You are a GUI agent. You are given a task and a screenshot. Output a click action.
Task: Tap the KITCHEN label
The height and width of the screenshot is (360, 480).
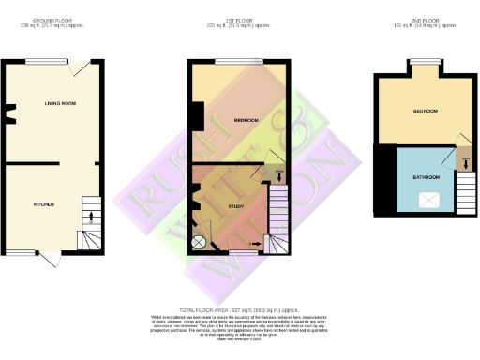(x=43, y=203)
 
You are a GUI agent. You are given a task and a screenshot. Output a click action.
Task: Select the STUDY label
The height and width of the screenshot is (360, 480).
(x=237, y=205)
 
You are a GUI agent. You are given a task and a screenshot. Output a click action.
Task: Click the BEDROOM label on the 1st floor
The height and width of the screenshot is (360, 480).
(x=246, y=120)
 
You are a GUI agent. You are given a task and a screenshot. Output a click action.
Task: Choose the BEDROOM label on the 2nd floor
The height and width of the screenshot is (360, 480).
(x=425, y=111)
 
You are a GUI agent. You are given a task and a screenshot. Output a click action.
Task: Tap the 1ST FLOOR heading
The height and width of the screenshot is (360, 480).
(x=237, y=20)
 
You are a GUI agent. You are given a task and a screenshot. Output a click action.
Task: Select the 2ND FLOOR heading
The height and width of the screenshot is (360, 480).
(x=423, y=20)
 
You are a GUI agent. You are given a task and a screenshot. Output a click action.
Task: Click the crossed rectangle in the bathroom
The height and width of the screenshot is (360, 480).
(x=431, y=200)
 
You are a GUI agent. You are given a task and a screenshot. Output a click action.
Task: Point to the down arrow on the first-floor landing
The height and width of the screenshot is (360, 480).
(x=281, y=172)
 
